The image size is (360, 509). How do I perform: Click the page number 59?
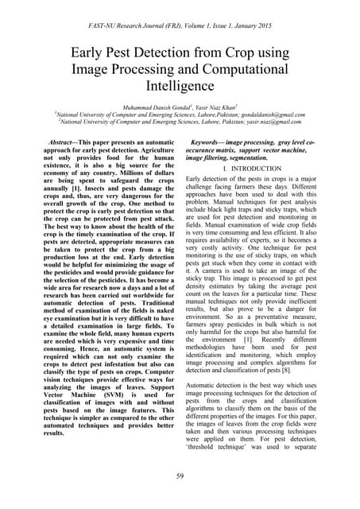(180, 477)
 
